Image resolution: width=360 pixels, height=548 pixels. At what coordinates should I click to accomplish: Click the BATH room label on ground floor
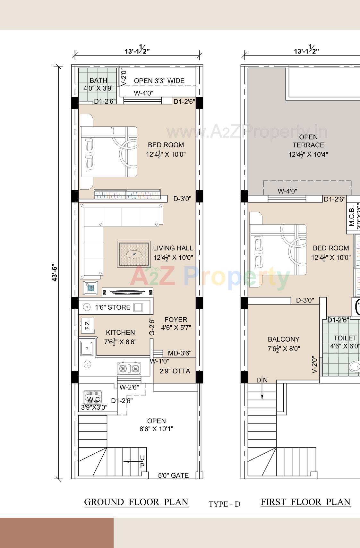point(99,81)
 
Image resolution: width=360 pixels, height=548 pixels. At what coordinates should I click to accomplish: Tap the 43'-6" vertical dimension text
point(55,273)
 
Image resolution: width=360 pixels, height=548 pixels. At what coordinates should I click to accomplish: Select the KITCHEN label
point(120,332)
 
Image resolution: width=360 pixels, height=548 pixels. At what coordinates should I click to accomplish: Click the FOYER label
point(176,320)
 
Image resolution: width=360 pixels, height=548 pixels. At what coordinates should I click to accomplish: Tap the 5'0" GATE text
point(173,475)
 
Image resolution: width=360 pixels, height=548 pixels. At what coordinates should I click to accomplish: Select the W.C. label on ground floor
point(94,399)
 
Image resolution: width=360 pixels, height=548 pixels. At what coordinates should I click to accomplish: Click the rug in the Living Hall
point(134,254)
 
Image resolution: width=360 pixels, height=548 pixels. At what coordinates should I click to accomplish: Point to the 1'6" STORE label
point(113,307)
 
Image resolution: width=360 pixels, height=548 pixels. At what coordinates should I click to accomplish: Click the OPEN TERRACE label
point(308,141)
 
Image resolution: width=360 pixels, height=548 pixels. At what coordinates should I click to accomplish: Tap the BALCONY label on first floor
point(283,339)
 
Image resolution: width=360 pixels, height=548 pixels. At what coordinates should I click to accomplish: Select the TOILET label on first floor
point(345,338)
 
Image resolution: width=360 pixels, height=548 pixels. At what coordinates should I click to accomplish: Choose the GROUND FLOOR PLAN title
point(136,502)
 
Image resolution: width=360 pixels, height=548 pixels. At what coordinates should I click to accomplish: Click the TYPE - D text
point(224,504)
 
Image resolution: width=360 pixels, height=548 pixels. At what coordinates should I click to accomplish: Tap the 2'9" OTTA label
point(175,371)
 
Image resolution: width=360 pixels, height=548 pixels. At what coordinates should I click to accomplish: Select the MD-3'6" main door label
point(180,353)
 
